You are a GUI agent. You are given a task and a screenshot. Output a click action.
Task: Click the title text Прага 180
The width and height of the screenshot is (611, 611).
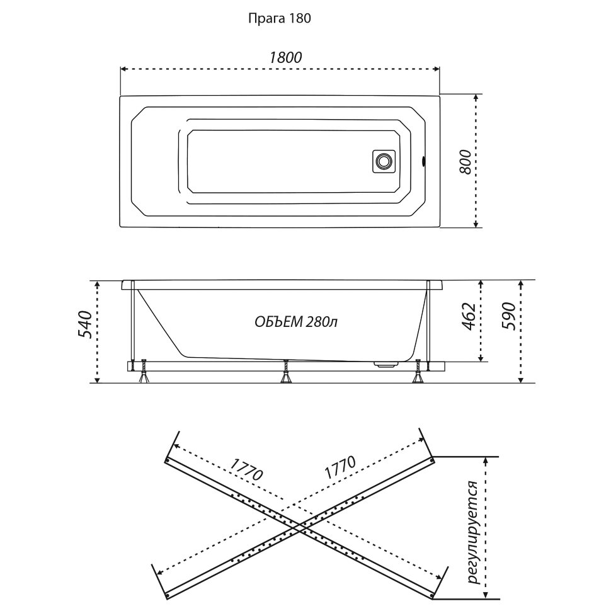(279, 18)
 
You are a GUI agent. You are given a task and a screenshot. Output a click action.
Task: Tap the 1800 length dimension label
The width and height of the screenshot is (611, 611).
(285, 56)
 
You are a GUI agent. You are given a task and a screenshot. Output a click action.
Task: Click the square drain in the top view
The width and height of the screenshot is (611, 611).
(383, 161)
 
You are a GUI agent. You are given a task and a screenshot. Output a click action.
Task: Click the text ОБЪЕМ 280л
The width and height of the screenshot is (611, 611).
(296, 322)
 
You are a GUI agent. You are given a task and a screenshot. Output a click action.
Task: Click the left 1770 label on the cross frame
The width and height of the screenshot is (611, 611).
(246, 472)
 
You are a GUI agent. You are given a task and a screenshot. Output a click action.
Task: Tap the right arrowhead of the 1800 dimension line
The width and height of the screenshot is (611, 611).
(437, 68)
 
